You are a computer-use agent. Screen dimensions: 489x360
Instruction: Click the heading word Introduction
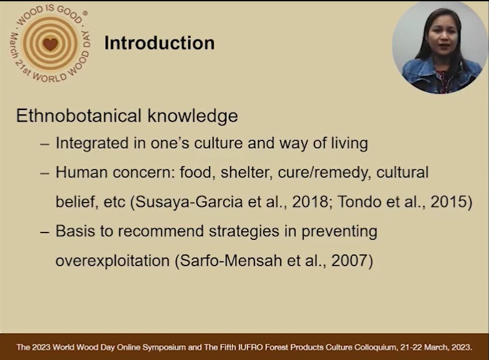[159, 43]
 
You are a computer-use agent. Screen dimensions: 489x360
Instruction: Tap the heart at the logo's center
[50, 44]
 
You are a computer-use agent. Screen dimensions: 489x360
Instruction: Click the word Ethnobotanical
[79, 116]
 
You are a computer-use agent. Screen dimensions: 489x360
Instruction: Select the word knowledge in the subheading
[193, 116]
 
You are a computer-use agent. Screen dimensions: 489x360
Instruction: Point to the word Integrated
[92, 143]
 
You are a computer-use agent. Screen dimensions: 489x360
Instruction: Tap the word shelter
[245, 172]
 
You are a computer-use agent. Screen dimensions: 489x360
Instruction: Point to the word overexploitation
[113, 261]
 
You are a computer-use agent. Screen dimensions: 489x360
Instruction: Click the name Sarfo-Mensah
[231, 261]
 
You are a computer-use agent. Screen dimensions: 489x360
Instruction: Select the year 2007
[350, 261]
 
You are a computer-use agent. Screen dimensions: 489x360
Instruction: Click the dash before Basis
[44, 232]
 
